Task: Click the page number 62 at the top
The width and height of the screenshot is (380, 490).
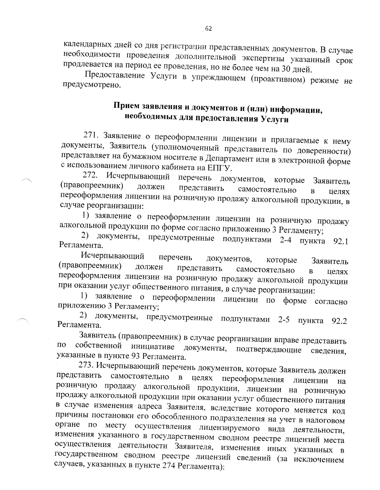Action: [208, 29]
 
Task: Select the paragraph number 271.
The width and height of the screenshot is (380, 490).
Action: [92, 135]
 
